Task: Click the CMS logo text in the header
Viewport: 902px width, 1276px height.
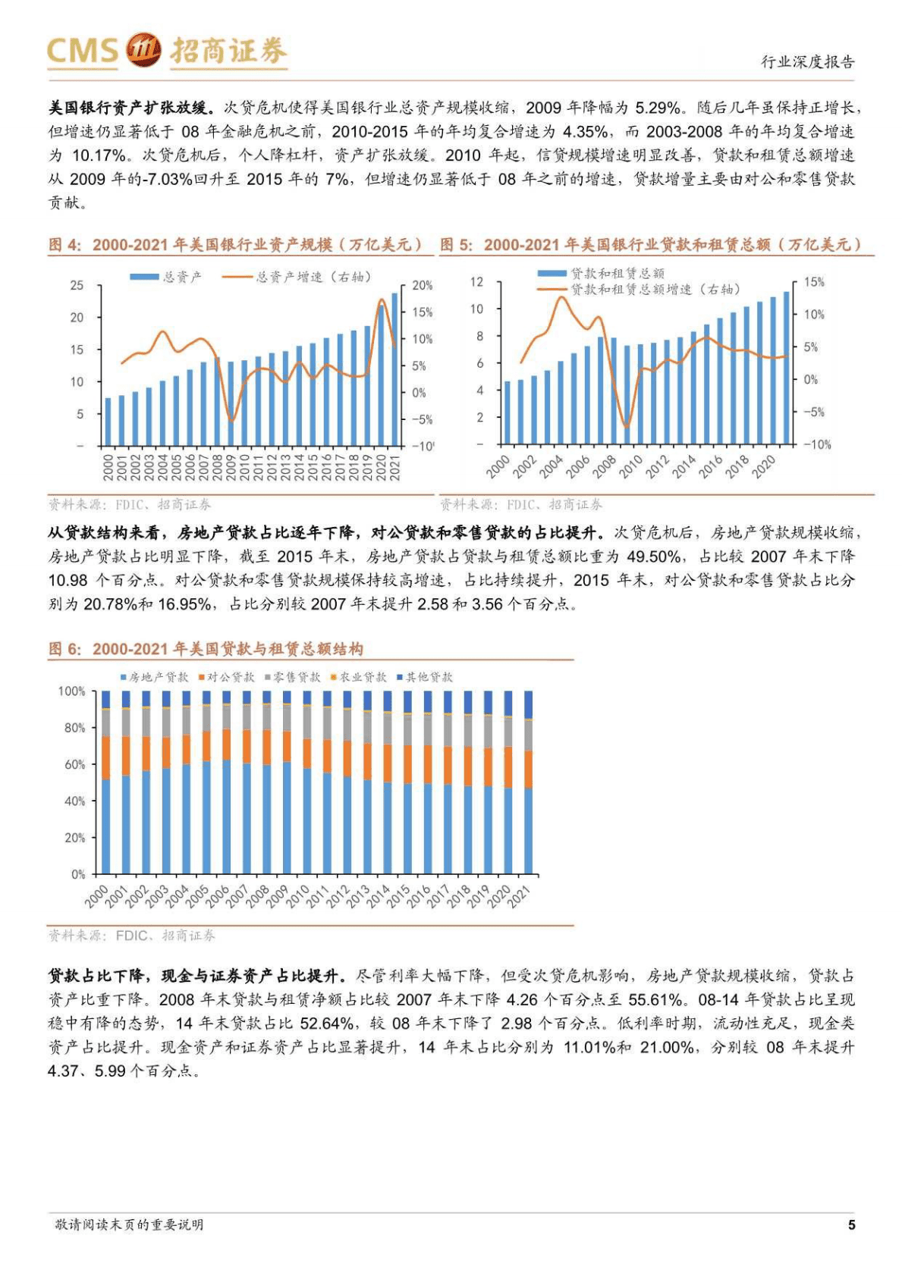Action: click(x=82, y=50)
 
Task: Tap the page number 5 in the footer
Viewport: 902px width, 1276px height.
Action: click(x=851, y=1224)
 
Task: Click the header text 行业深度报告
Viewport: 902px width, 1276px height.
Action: click(x=807, y=62)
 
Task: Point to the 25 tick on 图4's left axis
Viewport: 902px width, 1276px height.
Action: click(x=77, y=285)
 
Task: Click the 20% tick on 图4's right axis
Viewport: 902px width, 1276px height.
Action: click(x=422, y=286)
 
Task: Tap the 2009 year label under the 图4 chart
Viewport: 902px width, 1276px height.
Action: click(x=231, y=466)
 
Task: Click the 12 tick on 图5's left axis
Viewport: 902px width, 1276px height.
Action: click(x=476, y=282)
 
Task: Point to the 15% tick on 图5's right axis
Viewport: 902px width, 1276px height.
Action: click(x=813, y=282)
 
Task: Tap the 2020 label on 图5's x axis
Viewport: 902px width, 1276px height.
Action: click(x=763, y=466)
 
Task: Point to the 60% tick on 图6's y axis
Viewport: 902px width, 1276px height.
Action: click(x=74, y=764)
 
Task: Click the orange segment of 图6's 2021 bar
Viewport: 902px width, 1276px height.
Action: click(x=528, y=770)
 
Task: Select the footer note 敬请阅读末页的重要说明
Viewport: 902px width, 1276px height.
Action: click(x=129, y=1224)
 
